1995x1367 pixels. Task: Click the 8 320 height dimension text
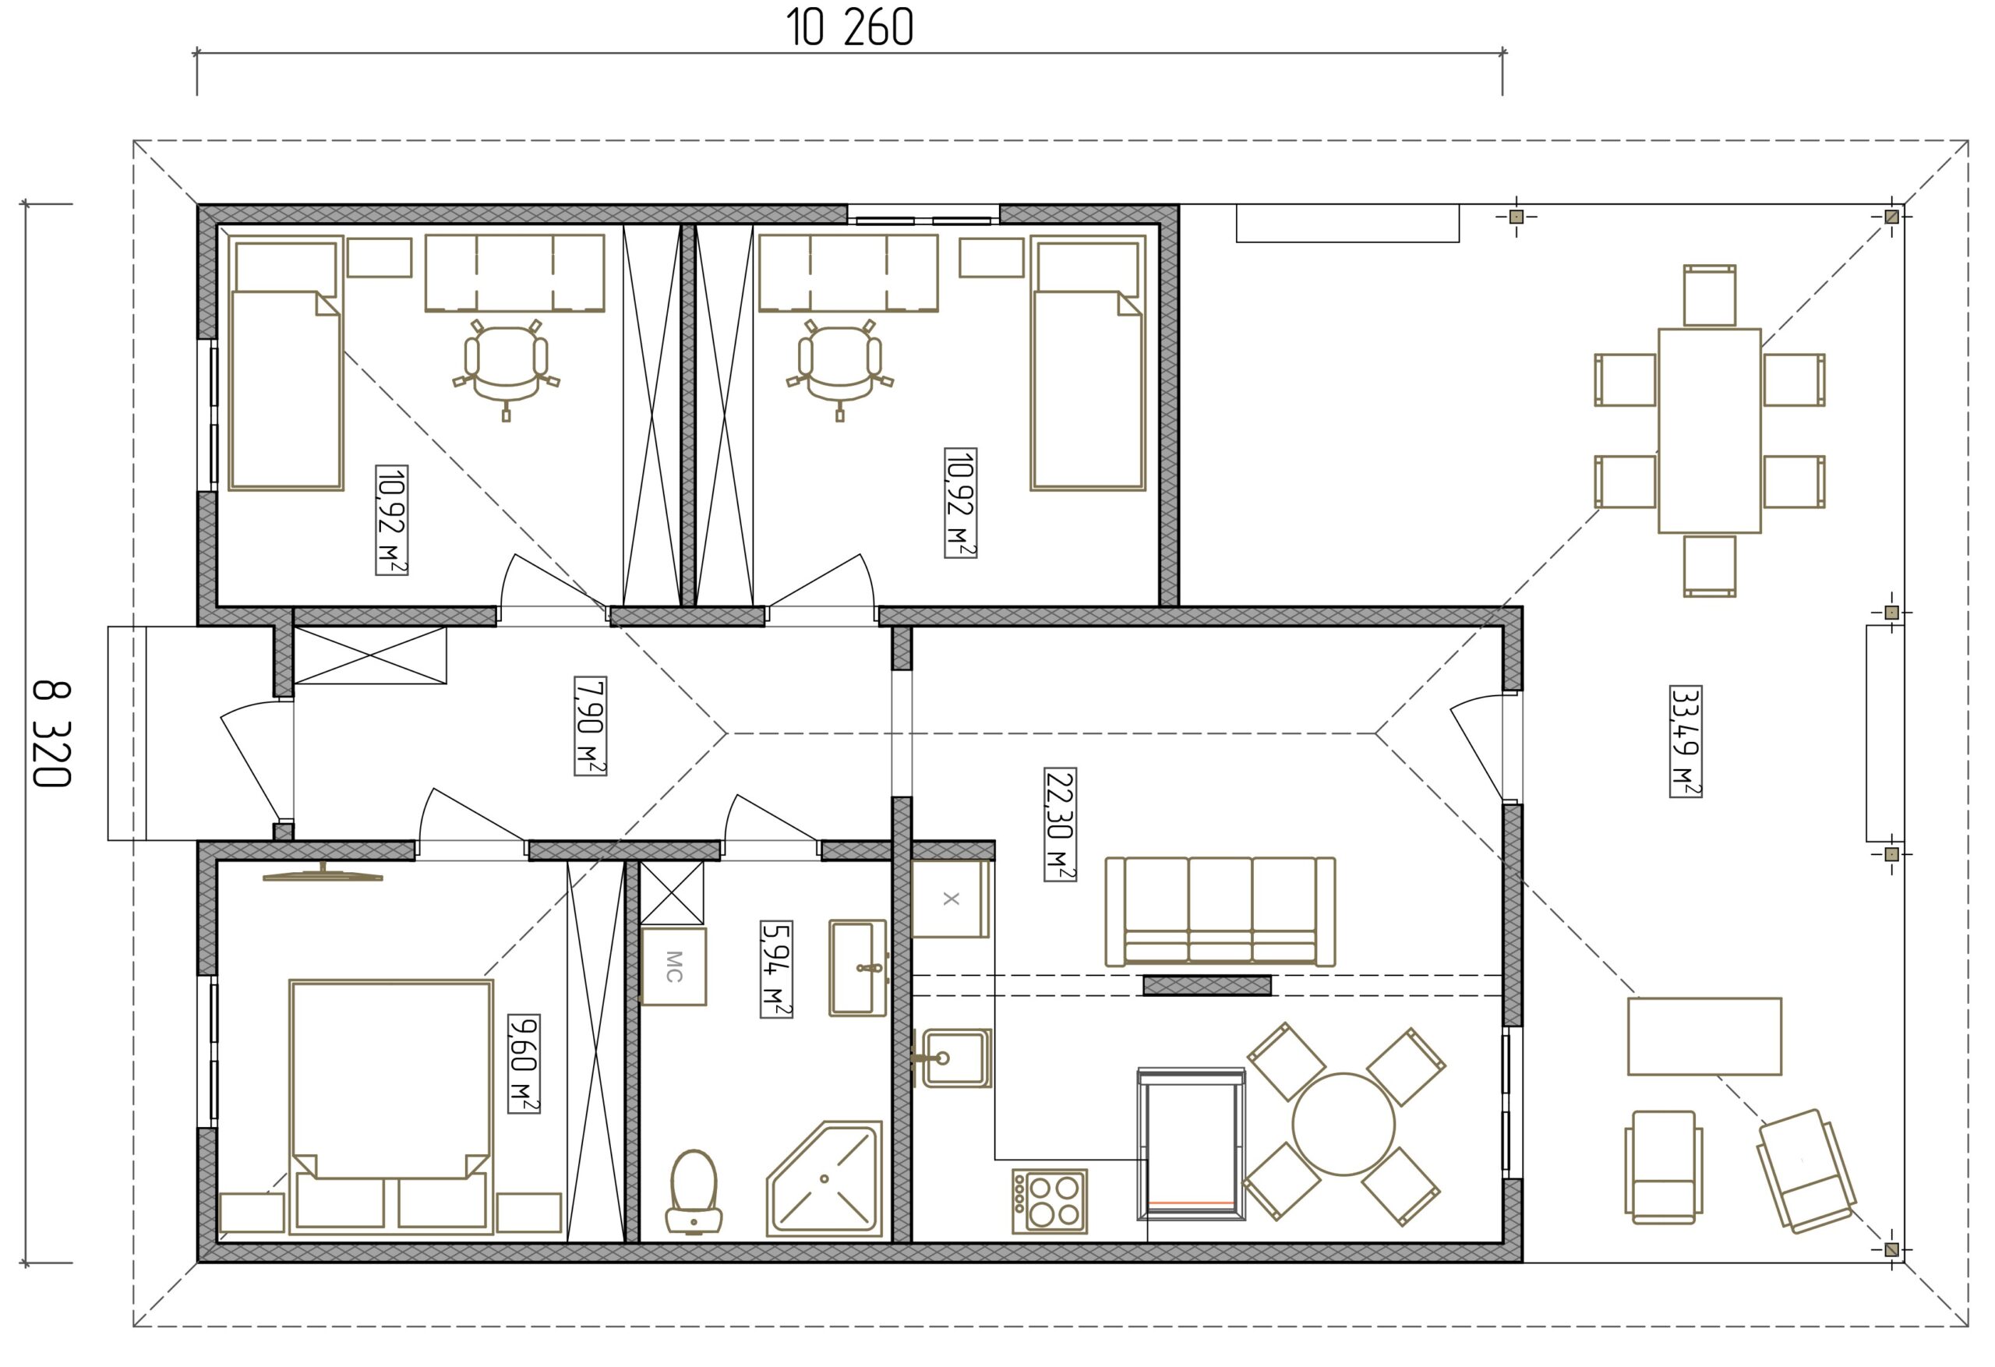(51, 734)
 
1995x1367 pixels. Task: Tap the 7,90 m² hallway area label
(590, 726)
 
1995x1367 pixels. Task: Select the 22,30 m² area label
(1060, 825)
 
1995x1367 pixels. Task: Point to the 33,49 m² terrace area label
(1686, 742)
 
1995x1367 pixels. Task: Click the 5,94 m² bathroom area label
(776, 970)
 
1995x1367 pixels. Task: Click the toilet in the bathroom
(694, 1192)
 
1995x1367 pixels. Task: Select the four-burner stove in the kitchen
(1050, 1201)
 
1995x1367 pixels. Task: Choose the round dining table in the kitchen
(1344, 1124)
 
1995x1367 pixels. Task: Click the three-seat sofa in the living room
(1220, 911)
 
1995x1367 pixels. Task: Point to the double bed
(390, 1107)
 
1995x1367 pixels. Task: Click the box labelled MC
(674, 966)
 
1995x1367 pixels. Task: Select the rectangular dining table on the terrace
(1709, 430)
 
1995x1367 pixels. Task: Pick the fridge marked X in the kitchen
(950, 899)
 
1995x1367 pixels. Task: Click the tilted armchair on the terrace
(1806, 1171)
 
